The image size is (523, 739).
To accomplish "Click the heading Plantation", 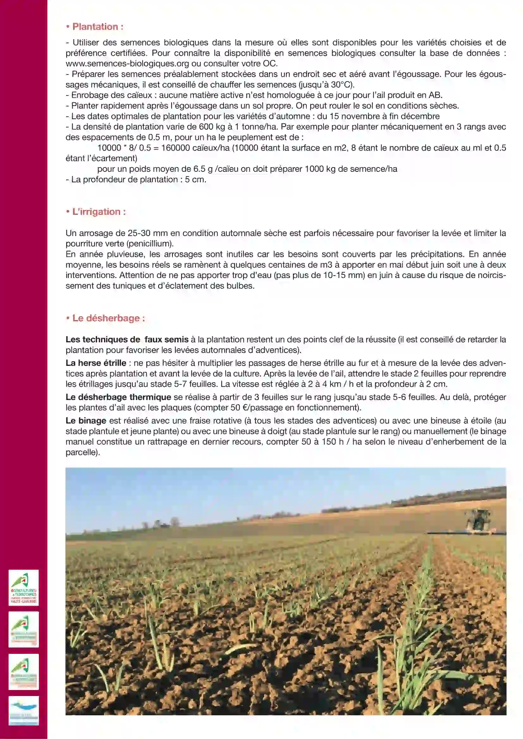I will click(97, 27).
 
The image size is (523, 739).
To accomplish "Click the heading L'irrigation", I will click(99, 212).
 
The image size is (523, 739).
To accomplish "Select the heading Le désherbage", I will click(108, 318).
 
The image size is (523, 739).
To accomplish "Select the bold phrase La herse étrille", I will click(96, 363).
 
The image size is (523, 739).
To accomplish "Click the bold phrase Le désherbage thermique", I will click(118, 397).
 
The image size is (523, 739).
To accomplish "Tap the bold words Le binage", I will click(86, 421).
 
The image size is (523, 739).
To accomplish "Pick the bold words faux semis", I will click(167, 340).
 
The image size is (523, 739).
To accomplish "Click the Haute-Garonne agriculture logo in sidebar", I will click(24, 588).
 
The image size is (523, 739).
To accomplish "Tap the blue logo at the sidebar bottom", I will click(24, 711).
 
